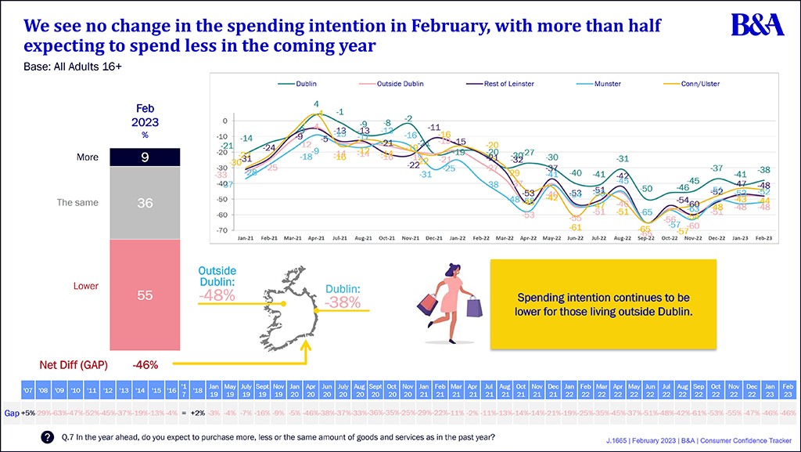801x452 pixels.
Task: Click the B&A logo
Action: [757, 25]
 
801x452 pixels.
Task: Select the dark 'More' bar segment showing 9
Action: [145, 157]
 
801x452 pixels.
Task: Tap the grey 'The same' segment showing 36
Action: [145, 203]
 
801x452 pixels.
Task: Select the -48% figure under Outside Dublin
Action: [217, 296]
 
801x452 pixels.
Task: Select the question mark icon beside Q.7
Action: [48, 436]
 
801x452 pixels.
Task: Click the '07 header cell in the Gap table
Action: [27, 389]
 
